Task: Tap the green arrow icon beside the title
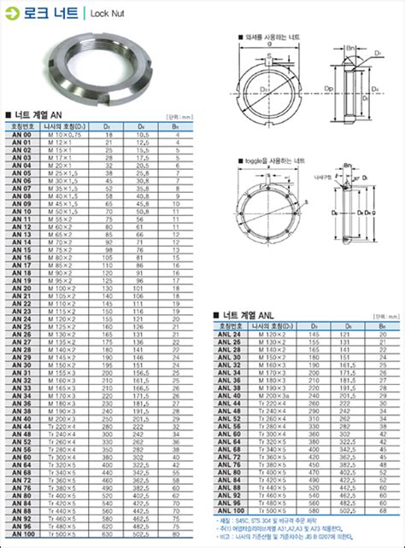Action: pyautogui.click(x=12, y=13)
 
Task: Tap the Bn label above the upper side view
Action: pyautogui.click(x=350, y=50)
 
